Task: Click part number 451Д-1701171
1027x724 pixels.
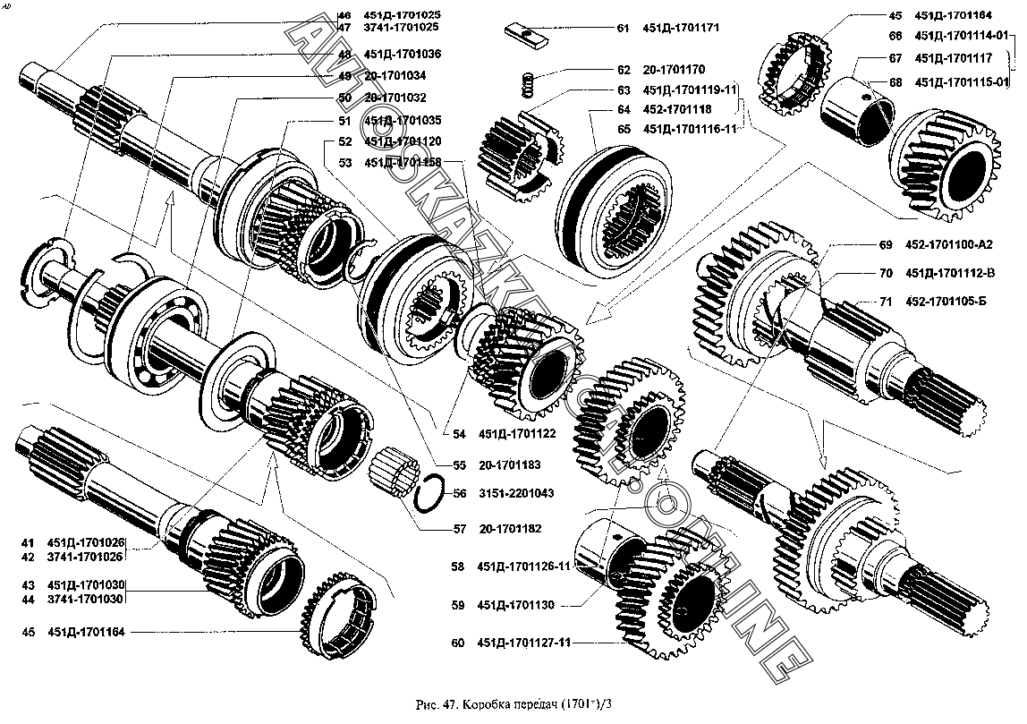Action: tap(681, 29)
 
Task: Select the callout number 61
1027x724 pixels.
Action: tap(624, 29)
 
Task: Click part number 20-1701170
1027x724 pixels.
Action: tap(674, 69)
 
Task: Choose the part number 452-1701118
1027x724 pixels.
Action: tap(677, 109)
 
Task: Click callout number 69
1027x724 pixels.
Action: tap(886, 243)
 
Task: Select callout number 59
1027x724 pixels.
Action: tap(458, 605)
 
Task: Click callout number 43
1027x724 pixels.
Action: tap(28, 584)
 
